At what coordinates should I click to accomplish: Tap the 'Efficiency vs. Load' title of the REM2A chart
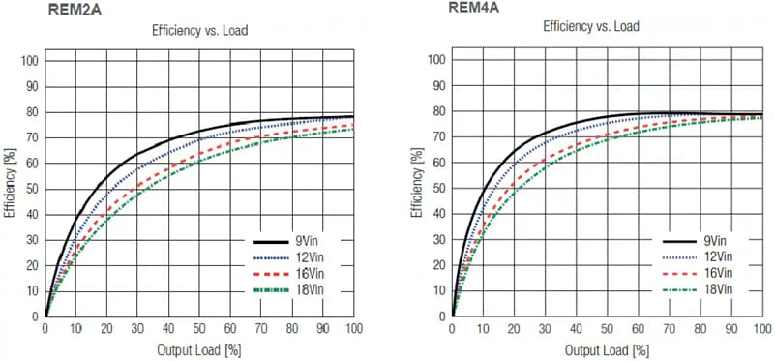[199, 30]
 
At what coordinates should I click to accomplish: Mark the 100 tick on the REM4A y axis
[435, 61]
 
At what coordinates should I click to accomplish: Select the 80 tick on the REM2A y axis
[31, 112]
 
